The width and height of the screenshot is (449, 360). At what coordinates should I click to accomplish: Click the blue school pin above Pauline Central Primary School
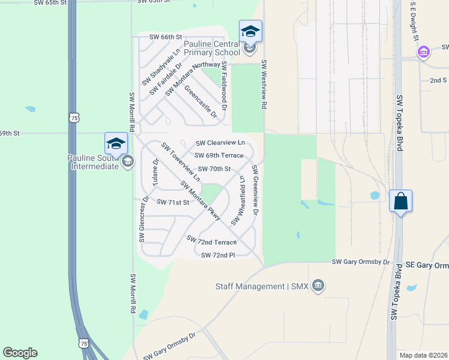pyautogui.click(x=250, y=31)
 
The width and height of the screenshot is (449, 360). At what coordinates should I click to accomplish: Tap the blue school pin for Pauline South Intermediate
pyautogui.click(x=116, y=143)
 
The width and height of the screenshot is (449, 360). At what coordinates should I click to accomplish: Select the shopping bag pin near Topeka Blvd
pyautogui.click(x=400, y=201)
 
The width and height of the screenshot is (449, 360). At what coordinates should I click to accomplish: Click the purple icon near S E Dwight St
pyautogui.click(x=424, y=52)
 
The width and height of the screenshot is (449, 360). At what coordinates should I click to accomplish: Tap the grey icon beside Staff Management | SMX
pyautogui.click(x=318, y=286)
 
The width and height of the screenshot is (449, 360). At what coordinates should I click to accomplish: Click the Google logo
pyautogui.click(x=20, y=353)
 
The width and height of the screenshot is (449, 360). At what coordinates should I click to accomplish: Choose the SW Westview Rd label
pyautogui.click(x=263, y=83)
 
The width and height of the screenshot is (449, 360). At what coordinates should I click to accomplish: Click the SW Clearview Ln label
pyautogui.click(x=220, y=143)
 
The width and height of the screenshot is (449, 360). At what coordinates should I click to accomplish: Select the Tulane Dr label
pyautogui.click(x=155, y=172)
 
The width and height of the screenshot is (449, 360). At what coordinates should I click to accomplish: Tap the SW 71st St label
pyautogui.click(x=173, y=202)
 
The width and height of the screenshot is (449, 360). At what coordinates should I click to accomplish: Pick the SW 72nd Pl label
pyautogui.click(x=218, y=255)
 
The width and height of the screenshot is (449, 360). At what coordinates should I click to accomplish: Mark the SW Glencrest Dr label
pyautogui.click(x=143, y=219)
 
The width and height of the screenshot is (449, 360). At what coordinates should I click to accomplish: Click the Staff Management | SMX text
pyautogui.click(x=262, y=287)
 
